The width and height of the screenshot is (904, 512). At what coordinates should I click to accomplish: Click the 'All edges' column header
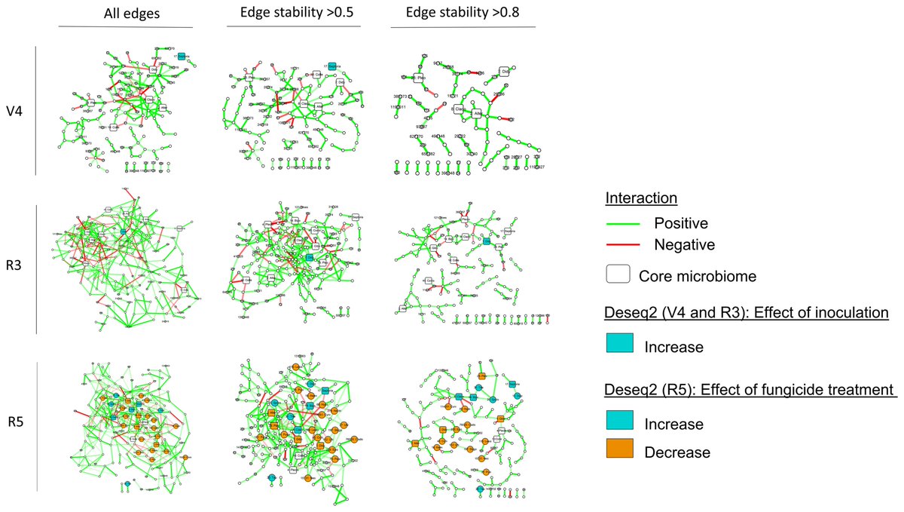pyautogui.click(x=125, y=14)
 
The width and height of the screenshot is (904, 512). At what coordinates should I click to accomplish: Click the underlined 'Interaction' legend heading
pyautogui.click(x=640, y=198)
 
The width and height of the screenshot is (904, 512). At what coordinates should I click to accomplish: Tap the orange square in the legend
pyautogui.click(x=620, y=450)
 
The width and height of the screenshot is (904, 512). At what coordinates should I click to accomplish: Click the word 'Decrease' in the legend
pyautogui.click(x=677, y=452)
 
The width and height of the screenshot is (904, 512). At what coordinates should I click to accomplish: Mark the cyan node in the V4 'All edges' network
pyautogui.click(x=182, y=56)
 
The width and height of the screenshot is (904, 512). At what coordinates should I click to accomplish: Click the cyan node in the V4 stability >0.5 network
pyautogui.click(x=331, y=67)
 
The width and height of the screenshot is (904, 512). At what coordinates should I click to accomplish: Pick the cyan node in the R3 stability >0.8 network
pyautogui.click(x=487, y=241)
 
